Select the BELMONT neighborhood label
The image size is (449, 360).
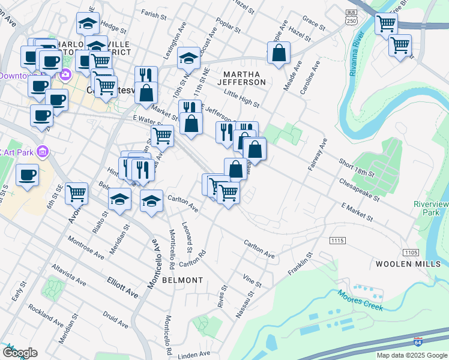181,280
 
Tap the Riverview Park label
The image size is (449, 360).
431,208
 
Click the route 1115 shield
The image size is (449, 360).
337,241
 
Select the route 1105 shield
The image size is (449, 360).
411,252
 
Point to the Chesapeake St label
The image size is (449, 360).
359,188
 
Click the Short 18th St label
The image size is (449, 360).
356,168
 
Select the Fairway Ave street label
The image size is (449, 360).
318,155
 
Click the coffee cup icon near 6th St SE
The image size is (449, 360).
27,175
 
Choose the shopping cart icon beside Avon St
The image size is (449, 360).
77,193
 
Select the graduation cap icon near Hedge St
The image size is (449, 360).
88,23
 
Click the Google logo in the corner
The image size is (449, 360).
20,353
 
